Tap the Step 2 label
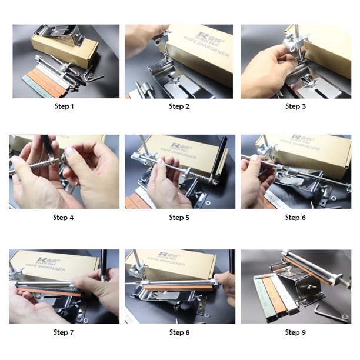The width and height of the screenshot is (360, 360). point(179,106)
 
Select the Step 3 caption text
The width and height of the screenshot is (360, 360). point(295,106)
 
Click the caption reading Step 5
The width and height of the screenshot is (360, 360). point(179,218)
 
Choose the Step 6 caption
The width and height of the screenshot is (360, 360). point(295,218)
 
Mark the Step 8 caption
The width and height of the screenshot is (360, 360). point(179,332)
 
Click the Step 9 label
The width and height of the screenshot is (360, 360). point(295,332)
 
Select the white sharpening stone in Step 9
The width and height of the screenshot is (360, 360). point(281,294)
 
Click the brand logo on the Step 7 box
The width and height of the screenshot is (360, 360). point(44,259)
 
